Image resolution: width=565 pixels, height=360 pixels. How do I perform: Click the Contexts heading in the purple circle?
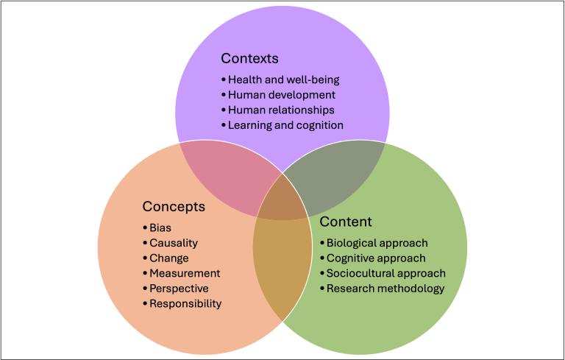tap(249, 58)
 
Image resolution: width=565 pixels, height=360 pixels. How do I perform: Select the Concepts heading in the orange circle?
tap(174, 207)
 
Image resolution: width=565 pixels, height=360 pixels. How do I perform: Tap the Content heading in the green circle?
tap(346, 222)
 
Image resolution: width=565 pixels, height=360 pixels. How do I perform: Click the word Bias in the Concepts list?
tap(160, 227)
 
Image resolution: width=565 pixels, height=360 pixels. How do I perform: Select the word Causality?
tap(174, 243)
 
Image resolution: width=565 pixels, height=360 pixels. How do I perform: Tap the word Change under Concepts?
tap(169, 258)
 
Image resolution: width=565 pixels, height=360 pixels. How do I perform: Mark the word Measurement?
tap(185, 273)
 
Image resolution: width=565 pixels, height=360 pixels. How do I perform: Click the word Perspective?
tap(179, 289)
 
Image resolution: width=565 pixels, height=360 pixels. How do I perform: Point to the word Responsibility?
tap(185, 303)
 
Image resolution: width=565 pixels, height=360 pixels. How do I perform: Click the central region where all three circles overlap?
tap(282, 200)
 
